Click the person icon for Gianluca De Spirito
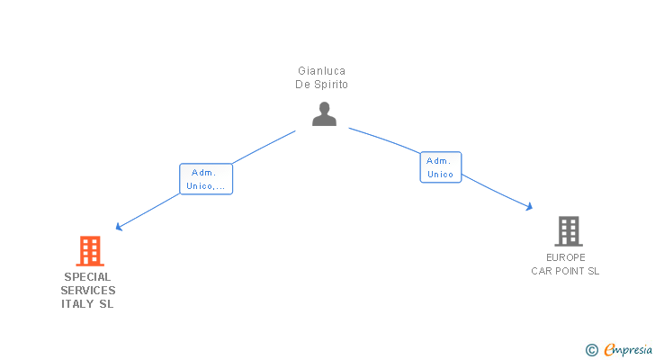pos(324,114)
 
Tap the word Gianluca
pos(322,71)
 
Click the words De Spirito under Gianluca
pos(322,85)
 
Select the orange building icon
pos(90,251)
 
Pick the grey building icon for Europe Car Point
pos(569,231)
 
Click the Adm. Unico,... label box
pos(206,179)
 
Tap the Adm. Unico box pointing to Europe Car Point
pos(441,167)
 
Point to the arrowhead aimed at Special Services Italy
pos(119,227)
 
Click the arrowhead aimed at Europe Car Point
pos(529,206)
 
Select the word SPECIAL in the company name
pos(88,277)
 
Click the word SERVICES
pos(88,291)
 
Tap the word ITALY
pos(77,304)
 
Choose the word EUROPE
pos(566,257)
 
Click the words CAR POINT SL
pos(565,271)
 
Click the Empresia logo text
pos(628,350)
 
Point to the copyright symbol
pos(592,350)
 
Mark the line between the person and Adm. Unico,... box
pos(264,147)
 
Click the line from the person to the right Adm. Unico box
pos(384,139)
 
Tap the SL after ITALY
pos(106,304)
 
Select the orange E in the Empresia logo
pos(609,350)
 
